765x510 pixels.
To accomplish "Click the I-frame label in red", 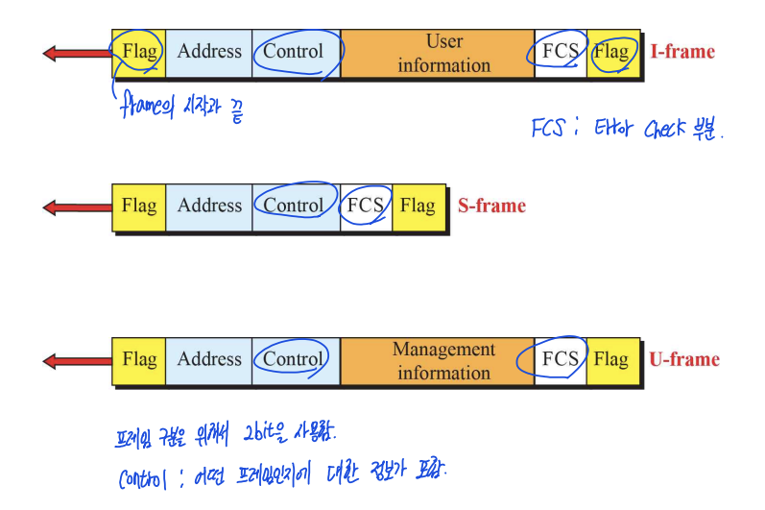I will [681, 52].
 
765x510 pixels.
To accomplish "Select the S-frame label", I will [491, 206].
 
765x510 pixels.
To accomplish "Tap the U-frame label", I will [683, 359].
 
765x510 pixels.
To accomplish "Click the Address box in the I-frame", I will [209, 52].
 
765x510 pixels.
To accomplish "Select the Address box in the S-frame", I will [209, 206].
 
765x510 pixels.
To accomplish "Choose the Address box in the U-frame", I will [209, 359].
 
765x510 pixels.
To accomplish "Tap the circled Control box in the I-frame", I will [295, 52].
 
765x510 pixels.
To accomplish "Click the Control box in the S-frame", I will [295, 206].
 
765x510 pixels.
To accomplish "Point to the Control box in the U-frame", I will [294, 359].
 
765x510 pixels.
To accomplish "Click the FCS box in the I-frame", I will [560, 52].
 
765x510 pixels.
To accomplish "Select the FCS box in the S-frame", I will [366, 206].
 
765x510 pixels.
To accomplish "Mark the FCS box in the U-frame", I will [560, 359].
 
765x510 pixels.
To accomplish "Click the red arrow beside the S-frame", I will [77, 206].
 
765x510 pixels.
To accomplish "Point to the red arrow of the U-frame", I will [77, 360].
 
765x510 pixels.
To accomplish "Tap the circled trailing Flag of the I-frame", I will [611, 52].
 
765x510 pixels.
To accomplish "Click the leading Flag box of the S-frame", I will [139, 206].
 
